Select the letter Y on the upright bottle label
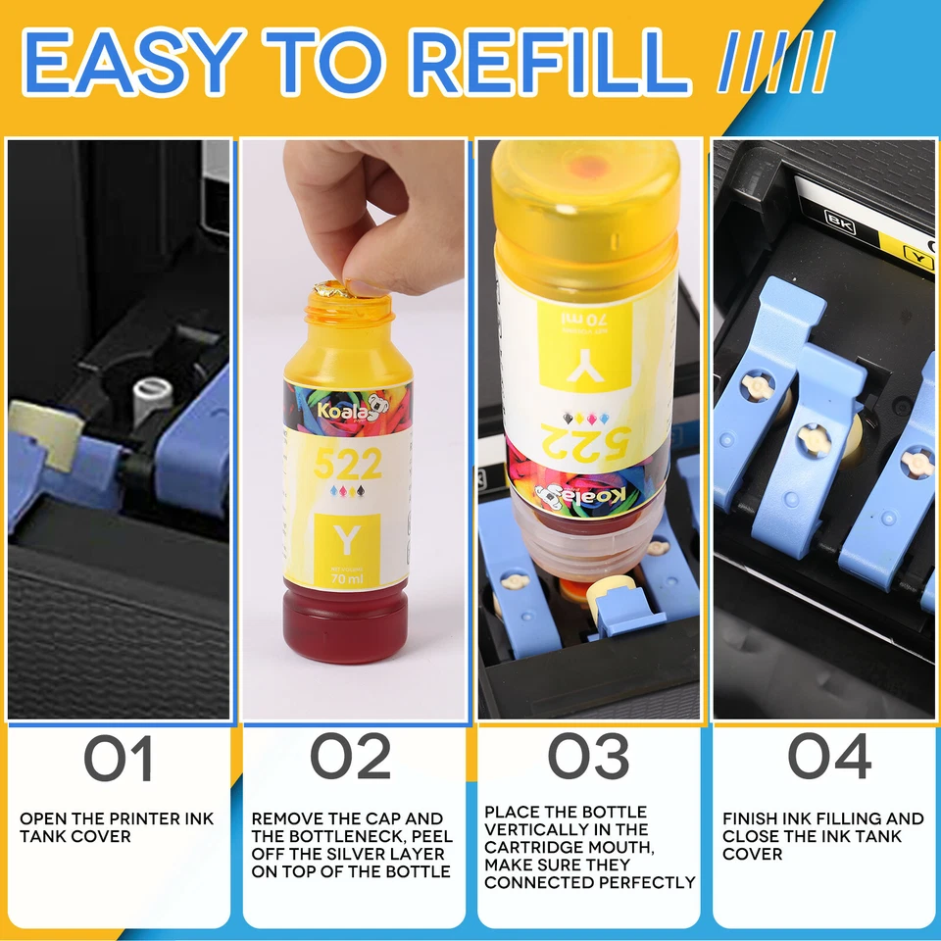click(347, 538)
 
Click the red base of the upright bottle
click(346, 627)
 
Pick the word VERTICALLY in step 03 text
click(533, 829)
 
